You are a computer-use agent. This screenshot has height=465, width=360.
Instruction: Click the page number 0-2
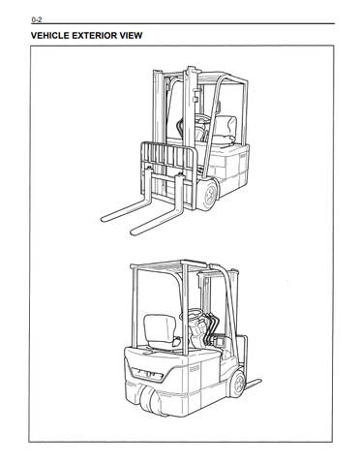click(37, 20)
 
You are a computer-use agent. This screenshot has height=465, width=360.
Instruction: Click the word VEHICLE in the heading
click(49, 36)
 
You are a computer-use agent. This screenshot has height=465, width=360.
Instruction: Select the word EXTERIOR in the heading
click(95, 36)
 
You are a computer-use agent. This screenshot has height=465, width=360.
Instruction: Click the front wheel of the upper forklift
click(210, 196)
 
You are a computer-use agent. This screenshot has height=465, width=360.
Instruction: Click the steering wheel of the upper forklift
click(201, 118)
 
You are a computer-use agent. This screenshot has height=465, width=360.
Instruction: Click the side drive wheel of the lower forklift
click(238, 384)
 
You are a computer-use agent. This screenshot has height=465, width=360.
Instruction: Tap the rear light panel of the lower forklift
click(148, 374)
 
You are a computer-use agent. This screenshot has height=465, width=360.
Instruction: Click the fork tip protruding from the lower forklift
click(255, 383)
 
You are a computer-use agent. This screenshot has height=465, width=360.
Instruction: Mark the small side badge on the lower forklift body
click(194, 368)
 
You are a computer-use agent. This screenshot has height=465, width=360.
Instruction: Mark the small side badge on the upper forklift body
click(243, 155)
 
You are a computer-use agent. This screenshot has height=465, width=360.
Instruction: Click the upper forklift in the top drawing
click(175, 150)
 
